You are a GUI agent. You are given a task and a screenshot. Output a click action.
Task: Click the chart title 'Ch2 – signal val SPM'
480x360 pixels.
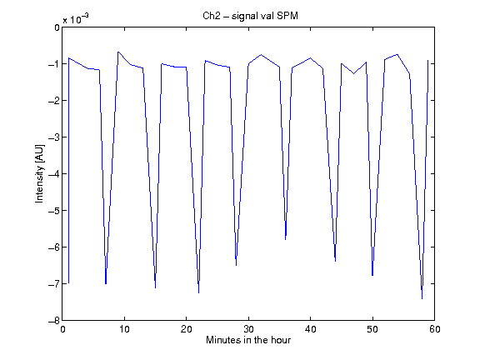tap(250, 16)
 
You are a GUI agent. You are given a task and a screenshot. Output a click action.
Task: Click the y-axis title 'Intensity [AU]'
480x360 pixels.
tap(40, 173)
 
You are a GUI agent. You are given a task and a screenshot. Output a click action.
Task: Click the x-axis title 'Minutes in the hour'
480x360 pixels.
tap(248, 340)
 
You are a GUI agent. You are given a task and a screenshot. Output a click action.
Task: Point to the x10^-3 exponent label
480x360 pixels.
tap(76, 19)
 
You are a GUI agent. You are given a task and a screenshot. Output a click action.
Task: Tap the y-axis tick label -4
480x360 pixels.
tap(54, 174)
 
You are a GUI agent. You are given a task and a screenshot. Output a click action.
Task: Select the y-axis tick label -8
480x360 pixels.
tap(54, 321)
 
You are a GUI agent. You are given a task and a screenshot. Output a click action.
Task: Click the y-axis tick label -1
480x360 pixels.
tap(54, 63)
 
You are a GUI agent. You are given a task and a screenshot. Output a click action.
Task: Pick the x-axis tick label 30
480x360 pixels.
tap(248, 329)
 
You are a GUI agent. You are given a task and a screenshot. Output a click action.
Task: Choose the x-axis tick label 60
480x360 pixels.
tap(435, 329)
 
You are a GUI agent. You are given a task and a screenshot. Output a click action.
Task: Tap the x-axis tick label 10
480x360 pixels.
tap(125, 329)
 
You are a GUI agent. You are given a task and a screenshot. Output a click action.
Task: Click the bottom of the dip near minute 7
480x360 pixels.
tap(106, 284)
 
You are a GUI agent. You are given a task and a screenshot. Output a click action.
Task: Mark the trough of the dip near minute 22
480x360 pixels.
tap(198, 293)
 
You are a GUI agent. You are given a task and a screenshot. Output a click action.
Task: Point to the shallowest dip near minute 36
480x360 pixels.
tap(286, 240)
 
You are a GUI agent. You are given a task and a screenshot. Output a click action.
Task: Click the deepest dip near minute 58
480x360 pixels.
tap(422, 299)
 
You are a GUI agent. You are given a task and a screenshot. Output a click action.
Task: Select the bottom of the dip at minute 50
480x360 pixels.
tap(372, 276)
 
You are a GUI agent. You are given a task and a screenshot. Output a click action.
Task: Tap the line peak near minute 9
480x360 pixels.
tap(118, 52)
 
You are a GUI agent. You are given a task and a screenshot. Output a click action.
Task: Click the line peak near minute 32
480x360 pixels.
tap(261, 54)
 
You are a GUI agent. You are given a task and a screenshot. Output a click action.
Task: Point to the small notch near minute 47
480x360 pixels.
tap(354, 73)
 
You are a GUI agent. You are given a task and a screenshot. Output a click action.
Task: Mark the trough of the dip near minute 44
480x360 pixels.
tap(336, 261)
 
